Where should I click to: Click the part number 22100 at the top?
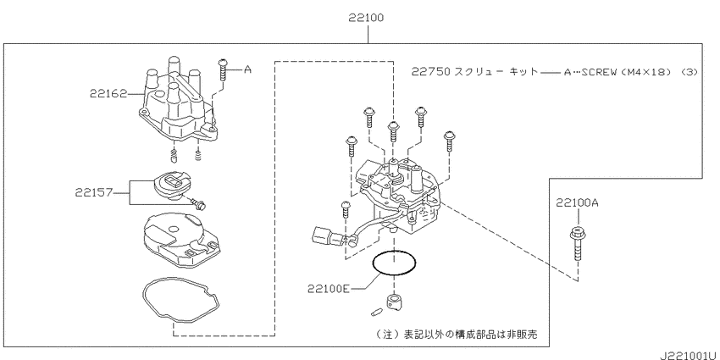point(366,18)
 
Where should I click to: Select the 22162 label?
point(108,94)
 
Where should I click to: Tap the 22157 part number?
point(94,192)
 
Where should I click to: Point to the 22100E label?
point(329,289)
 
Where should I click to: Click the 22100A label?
point(577,202)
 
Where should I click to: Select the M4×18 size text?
point(645,72)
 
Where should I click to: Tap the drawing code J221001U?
point(690,356)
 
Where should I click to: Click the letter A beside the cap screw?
point(247,69)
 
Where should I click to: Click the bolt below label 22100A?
point(577,243)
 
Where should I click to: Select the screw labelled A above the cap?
point(223,69)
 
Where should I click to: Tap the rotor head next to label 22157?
point(170,185)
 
